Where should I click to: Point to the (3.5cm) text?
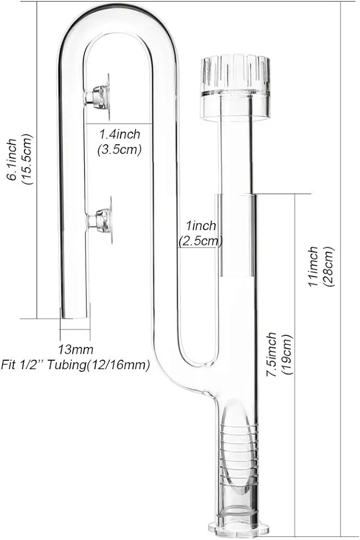click(119, 149)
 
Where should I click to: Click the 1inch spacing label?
click(198, 226)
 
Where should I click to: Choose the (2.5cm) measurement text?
click(199, 241)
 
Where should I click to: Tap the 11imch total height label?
click(314, 267)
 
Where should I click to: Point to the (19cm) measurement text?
click(286, 354)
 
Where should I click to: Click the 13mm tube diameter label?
click(76, 350)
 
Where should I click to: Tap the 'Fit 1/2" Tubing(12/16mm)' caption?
click(75, 365)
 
